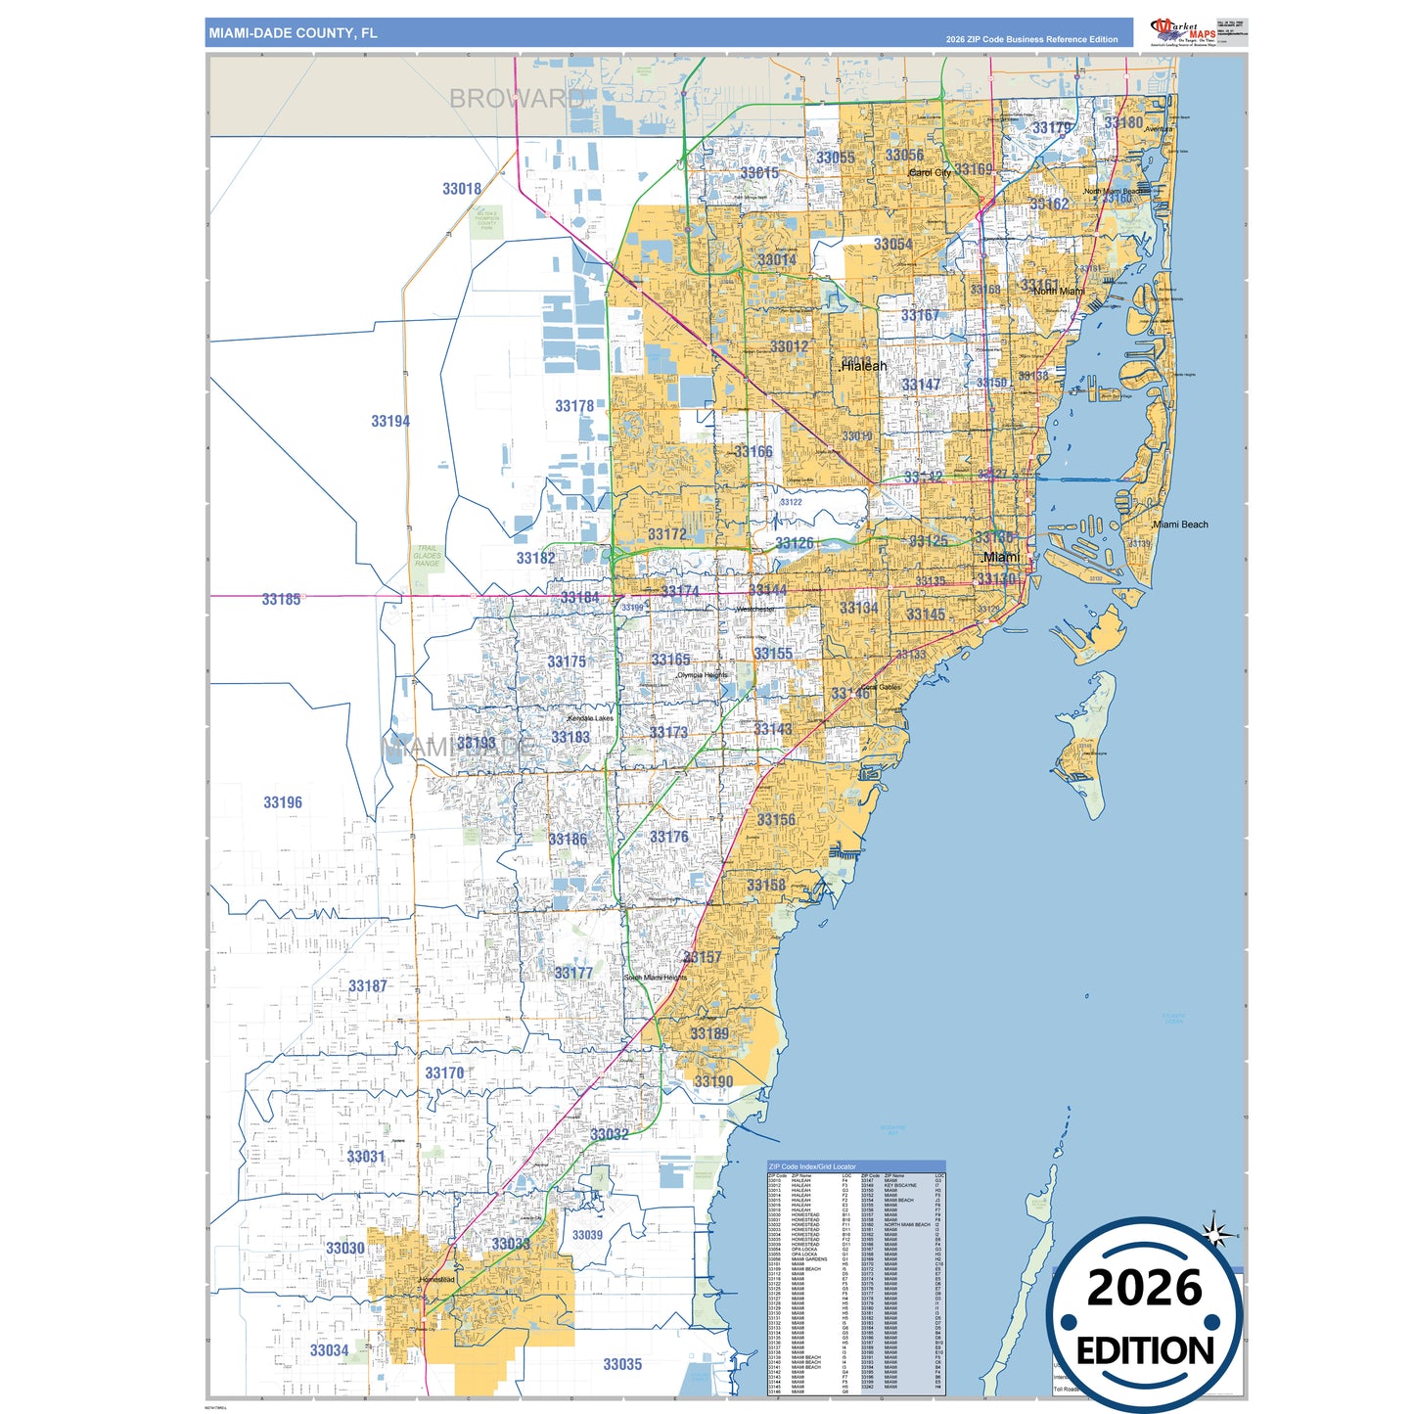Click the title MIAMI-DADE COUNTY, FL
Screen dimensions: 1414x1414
(293, 33)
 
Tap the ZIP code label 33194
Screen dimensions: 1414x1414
(390, 422)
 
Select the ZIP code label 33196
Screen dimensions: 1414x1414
(283, 802)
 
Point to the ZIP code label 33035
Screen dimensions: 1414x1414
(622, 1364)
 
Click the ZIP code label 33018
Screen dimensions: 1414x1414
(462, 189)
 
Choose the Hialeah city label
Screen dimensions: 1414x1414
(864, 366)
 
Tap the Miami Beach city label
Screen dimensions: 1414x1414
(1181, 525)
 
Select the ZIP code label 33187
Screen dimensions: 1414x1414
(368, 986)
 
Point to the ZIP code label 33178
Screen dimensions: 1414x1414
(574, 406)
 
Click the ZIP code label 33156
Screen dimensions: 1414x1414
(776, 820)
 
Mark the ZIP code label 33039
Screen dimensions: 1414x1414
(587, 1235)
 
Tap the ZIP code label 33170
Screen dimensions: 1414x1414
(444, 1073)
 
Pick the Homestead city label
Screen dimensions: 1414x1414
(437, 1280)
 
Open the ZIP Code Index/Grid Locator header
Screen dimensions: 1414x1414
(812, 1166)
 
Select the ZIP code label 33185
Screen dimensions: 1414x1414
(282, 599)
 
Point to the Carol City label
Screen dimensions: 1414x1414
(930, 173)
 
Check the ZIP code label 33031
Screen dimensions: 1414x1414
(366, 1157)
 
